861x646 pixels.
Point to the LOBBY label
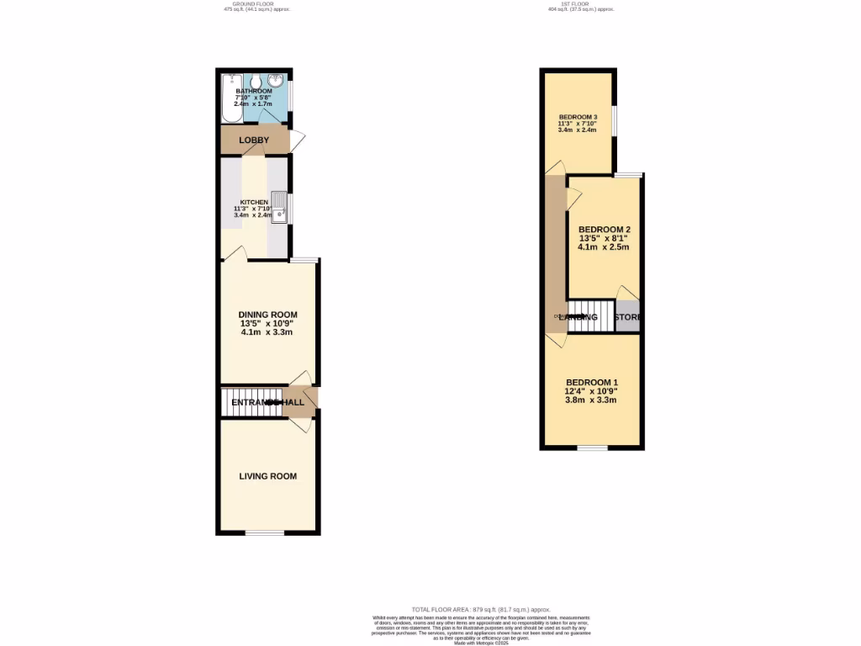254,140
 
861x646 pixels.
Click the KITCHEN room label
254,203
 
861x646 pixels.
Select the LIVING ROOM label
267,476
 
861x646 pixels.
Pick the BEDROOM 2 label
605,230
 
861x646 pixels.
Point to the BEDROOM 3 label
578,117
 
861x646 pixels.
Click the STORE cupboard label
628,317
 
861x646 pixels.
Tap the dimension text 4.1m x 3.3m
266,331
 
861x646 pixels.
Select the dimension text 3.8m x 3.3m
591,400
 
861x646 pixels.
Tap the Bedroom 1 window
592,446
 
